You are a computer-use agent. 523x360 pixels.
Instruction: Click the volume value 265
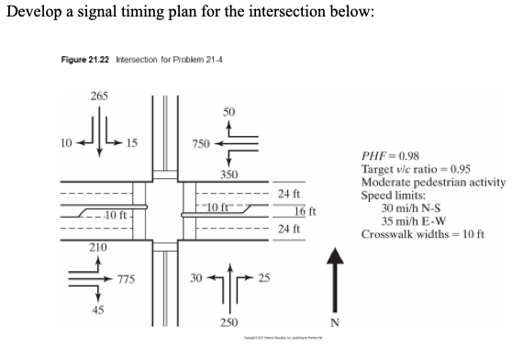99,96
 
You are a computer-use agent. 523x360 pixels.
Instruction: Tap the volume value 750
200,144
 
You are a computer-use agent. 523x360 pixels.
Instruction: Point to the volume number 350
229,174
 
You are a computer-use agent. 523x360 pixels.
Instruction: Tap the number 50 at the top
229,109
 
